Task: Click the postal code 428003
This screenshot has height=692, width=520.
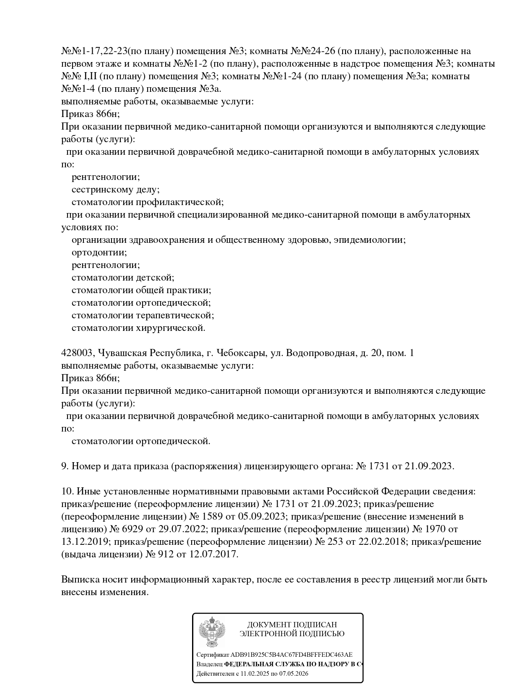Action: (x=77, y=353)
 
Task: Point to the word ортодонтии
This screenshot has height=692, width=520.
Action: (x=99, y=252)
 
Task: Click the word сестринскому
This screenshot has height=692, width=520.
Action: (x=102, y=190)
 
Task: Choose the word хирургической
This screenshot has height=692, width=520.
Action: (x=171, y=328)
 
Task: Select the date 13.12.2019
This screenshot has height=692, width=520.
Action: (x=84, y=542)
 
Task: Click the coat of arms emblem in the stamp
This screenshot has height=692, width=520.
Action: (x=212, y=632)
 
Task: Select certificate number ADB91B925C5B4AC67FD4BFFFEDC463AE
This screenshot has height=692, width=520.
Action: (x=291, y=655)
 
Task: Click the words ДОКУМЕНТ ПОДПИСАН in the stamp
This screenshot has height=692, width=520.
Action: (x=292, y=625)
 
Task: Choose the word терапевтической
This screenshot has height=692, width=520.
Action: (x=175, y=315)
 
